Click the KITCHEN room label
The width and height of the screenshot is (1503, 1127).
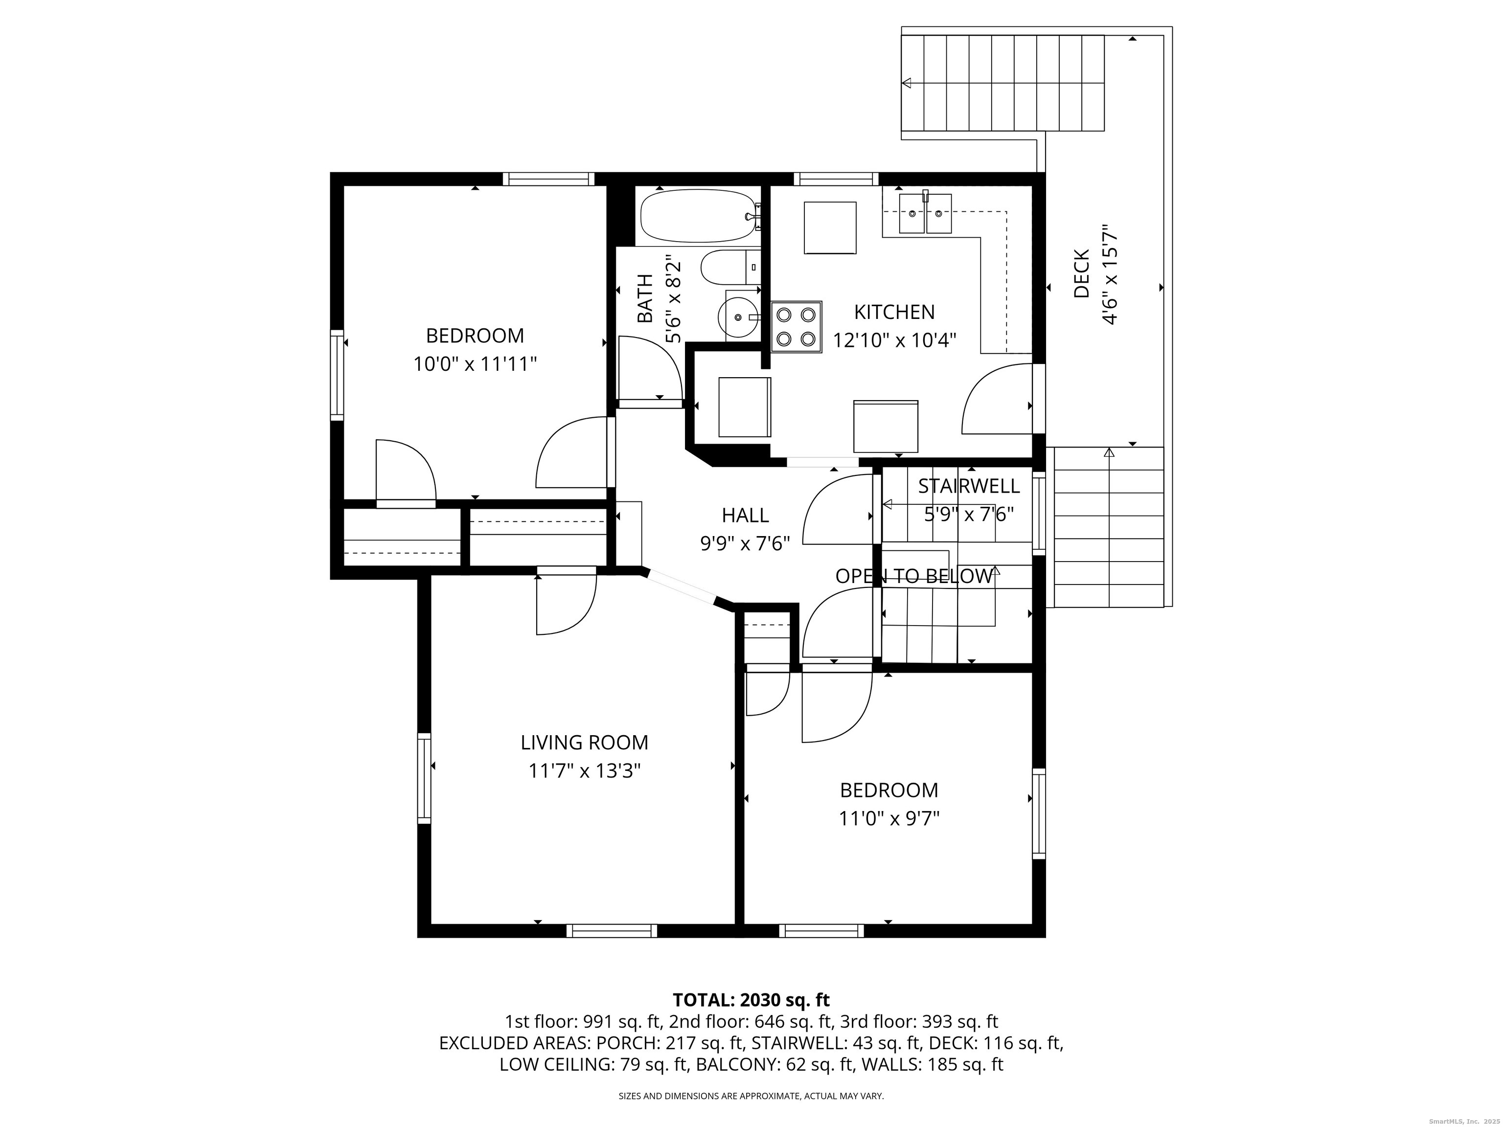click(x=894, y=312)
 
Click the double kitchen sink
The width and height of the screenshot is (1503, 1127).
click(x=926, y=213)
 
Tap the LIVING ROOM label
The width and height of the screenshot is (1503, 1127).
click(x=584, y=743)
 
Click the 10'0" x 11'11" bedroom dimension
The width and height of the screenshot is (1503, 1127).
click(x=475, y=364)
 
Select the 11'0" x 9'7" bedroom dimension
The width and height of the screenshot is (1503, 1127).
click(x=889, y=818)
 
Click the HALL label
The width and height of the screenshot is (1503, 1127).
click(x=746, y=516)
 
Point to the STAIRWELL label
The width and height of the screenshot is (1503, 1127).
click(x=969, y=486)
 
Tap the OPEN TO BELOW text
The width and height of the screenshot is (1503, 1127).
click(x=913, y=576)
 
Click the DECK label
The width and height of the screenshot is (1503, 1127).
click(x=1082, y=274)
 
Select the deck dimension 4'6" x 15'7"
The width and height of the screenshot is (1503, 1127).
click(x=1110, y=275)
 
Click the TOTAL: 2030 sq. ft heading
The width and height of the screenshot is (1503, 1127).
click(x=751, y=1000)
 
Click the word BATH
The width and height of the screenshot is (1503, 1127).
click(x=645, y=298)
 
